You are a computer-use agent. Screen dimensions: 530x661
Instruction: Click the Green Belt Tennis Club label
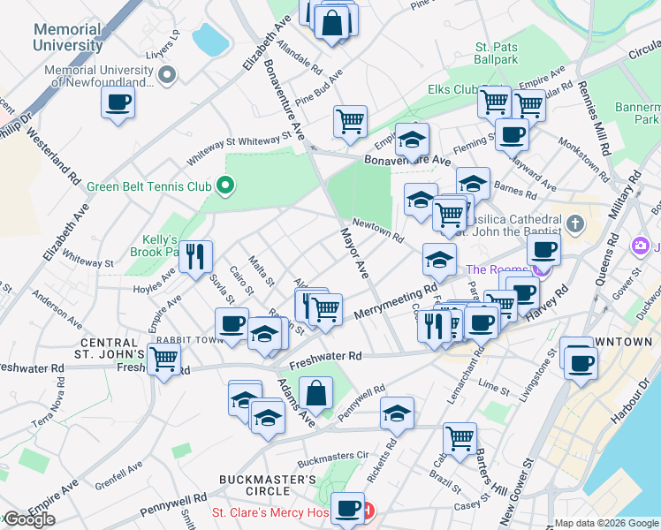pos(148,186)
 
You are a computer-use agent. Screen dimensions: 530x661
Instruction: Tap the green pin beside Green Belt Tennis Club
pos(225,185)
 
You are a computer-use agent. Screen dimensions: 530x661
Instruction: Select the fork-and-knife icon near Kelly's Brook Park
pos(195,256)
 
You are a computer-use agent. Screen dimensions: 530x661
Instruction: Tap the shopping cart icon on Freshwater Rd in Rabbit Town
pos(164,359)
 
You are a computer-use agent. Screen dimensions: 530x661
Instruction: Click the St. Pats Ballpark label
pos(497,53)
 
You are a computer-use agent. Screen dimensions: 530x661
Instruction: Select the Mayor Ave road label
pos(354,253)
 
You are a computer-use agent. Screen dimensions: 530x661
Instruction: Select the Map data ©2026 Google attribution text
pos(606,523)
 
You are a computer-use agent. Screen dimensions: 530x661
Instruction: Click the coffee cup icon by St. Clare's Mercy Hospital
pos(348,507)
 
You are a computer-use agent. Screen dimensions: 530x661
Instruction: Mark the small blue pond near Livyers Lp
pos(210,39)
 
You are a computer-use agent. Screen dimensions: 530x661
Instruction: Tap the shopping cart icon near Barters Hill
pos(460,437)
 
